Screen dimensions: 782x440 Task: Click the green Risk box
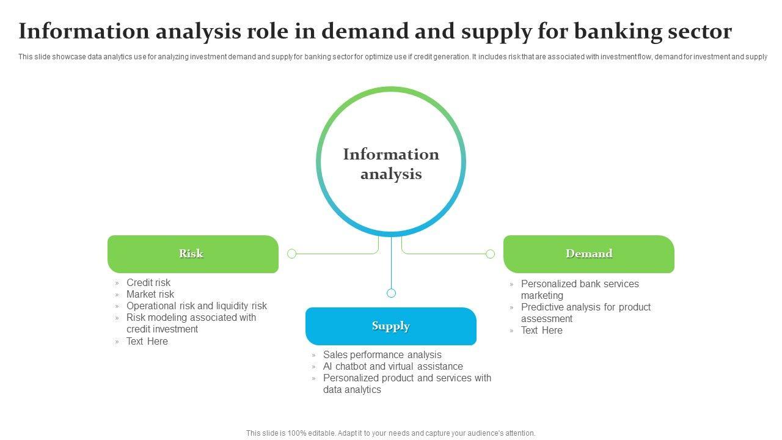coord(193,254)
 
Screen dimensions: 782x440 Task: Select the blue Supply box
coord(391,326)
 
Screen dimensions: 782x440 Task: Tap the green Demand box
coord(589,254)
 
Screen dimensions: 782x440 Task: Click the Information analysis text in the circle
coord(391,164)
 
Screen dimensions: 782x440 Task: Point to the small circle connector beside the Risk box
coord(292,254)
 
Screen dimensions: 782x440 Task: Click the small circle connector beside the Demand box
coord(490,254)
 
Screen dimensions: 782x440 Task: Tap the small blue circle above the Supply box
coord(392,293)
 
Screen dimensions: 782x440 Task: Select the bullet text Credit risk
coord(148,282)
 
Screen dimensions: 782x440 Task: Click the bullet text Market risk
coord(150,294)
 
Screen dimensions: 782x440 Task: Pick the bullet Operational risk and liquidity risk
coord(197,306)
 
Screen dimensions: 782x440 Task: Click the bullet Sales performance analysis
coord(382,355)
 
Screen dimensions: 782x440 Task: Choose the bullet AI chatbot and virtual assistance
coord(393,366)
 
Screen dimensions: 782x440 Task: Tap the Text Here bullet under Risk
coord(147,341)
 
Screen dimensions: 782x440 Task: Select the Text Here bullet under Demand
coord(542,331)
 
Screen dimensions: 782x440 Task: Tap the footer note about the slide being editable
coord(390,433)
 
